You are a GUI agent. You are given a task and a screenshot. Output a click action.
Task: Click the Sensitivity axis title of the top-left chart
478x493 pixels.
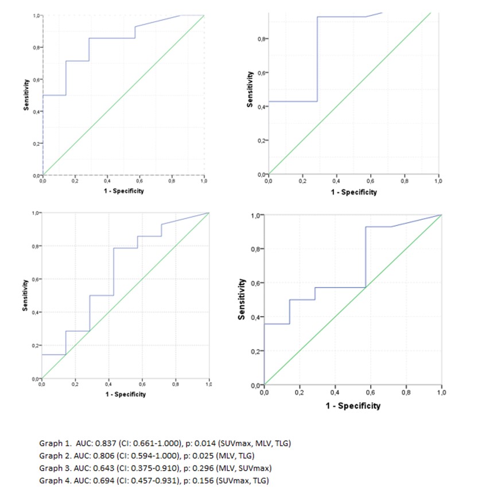[26, 95]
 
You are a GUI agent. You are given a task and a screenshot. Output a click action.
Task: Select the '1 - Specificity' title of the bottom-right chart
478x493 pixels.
[353, 406]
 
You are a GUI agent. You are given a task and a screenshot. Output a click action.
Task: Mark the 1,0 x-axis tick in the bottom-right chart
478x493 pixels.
[441, 393]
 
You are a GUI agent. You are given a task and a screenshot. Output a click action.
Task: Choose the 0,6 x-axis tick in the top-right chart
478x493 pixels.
[371, 181]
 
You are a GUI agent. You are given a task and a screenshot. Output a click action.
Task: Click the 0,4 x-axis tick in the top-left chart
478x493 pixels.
[107, 181]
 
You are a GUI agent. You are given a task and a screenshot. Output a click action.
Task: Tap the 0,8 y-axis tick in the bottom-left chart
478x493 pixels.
[35, 246]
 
